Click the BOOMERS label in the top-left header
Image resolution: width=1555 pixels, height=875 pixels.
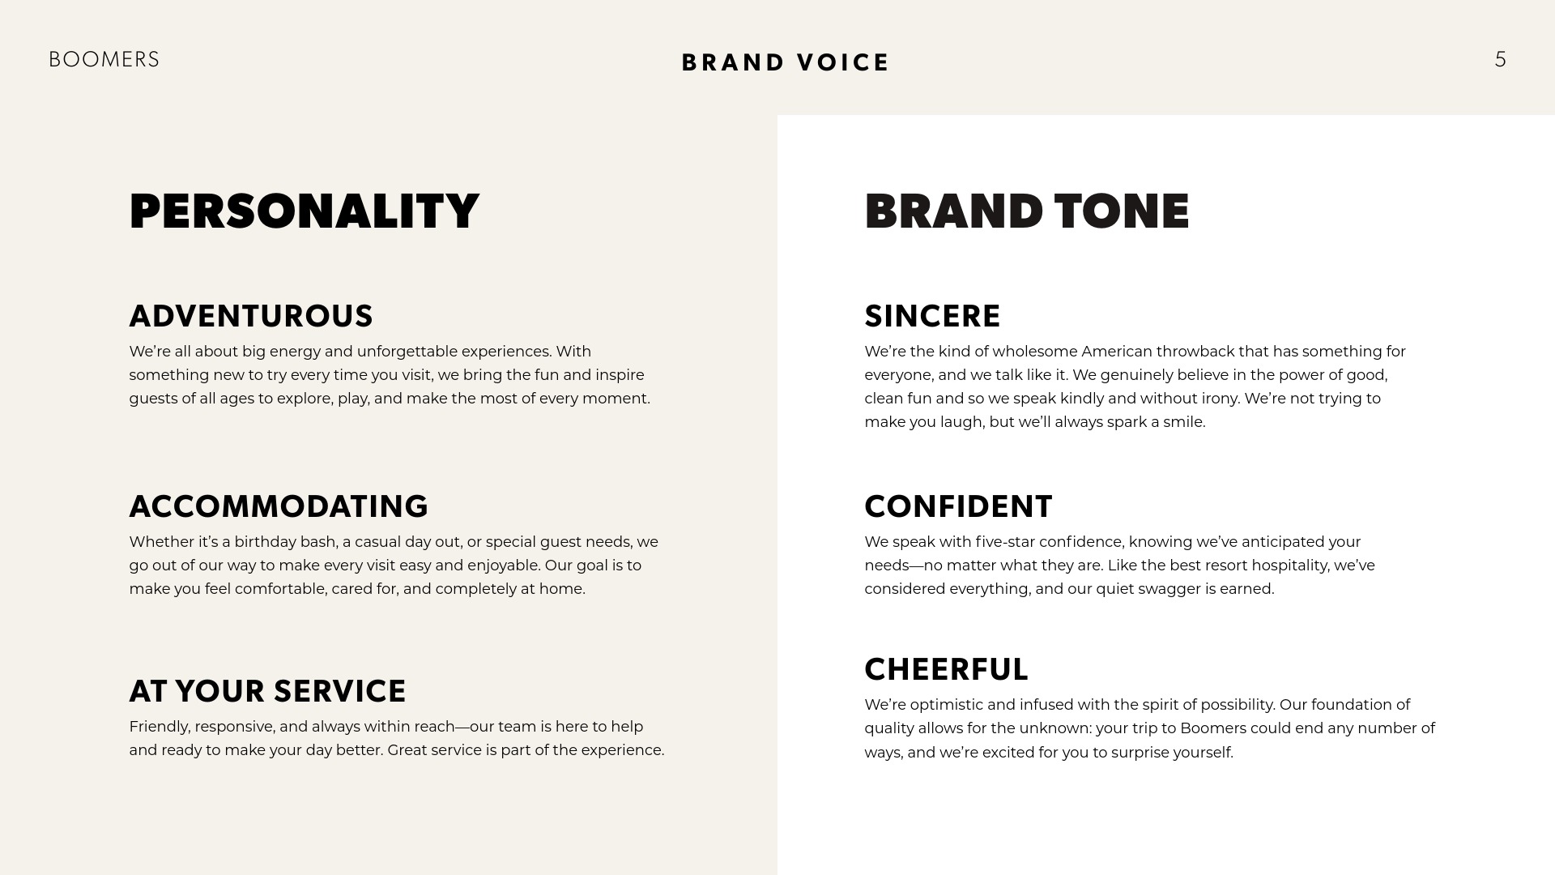(x=104, y=60)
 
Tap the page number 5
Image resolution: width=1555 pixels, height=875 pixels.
(x=1501, y=60)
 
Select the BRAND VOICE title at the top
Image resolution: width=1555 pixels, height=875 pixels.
(x=786, y=62)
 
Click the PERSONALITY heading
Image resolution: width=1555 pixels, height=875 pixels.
(x=304, y=211)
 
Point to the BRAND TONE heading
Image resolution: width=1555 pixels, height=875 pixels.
(x=1027, y=211)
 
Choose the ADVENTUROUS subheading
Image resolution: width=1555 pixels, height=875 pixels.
(x=251, y=316)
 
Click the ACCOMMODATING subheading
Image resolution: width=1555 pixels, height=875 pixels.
(x=279, y=506)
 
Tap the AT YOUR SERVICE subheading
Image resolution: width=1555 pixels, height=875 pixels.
(x=267, y=691)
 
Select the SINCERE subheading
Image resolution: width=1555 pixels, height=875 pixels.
(x=932, y=316)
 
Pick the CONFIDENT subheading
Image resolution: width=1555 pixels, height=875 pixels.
(x=958, y=506)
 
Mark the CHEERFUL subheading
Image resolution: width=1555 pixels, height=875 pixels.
(x=946, y=669)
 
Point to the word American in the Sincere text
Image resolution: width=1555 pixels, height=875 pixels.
(x=1117, y=352)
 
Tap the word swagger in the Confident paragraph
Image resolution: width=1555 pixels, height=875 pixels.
(x=1169, y=590)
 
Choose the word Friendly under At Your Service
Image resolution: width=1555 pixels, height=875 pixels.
(x=160, y=727)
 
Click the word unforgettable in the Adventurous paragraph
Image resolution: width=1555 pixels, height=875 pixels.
(x=407, y=352)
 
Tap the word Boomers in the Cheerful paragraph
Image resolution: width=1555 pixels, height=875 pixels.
(x=1212, y=728)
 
